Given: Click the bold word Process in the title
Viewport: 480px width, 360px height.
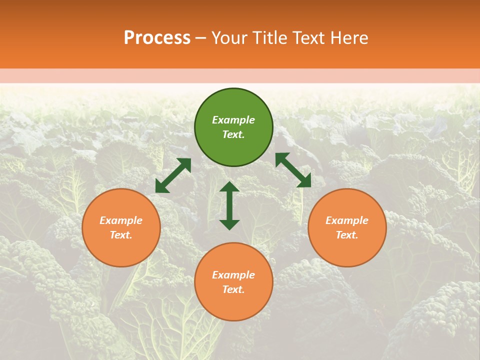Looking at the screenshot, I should pos(157,38).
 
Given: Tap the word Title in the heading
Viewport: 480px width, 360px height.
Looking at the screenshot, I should pos(267,38).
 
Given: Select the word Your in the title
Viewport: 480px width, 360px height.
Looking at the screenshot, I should pos(228,38).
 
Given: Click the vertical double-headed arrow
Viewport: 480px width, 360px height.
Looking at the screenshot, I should pos(229,205).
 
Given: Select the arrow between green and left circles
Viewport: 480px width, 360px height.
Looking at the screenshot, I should pos(173,175).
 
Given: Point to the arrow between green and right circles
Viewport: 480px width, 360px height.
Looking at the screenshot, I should pos(293,170).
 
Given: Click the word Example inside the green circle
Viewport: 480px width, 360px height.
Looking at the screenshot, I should pos(233,120).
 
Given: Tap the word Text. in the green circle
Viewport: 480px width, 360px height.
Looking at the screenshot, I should pos(233,134).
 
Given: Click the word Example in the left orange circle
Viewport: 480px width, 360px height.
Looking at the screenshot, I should pos(121,220).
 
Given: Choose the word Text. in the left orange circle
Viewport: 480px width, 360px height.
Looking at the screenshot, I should pos(121,235).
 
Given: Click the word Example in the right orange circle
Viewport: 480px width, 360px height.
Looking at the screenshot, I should pos(347,220).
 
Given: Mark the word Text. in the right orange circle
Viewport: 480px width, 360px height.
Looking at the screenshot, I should pos(347,235).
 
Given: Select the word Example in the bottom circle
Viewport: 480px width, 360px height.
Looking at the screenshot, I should pos(233,275).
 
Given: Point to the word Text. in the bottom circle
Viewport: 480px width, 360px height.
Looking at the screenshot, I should pos(233,289).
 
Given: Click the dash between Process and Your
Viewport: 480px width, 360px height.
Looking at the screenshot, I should pos(201,38).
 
